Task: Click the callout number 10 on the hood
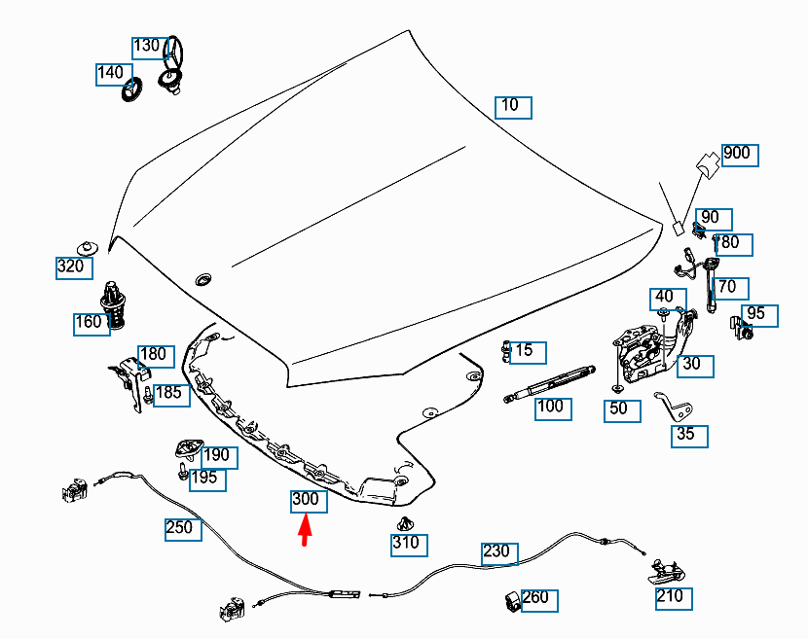(x=513, y=106)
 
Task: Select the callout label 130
(x=148, y=47)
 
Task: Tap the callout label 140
(x=111, y=73)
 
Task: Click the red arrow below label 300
(x=305, y=532)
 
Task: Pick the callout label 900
(x=738, y=154)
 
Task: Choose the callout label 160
(x=90, y=323)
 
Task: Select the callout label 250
(x=180, y=528)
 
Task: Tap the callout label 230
(x=497, y=551)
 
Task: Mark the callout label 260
(x=537, y=598)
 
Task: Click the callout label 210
(x=672, y=596)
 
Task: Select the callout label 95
(x=757, y=315)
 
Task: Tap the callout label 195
(x=205, y=479)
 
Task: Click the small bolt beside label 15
(x=506, y=351)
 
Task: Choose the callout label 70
(x=730, y=288)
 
